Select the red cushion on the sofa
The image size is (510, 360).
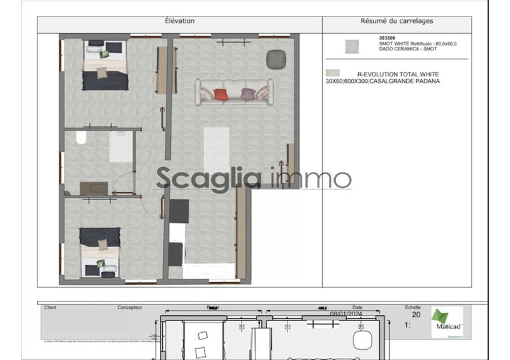(221, 95)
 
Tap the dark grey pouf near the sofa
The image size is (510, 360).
(275, 59)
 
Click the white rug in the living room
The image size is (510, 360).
(216, 153)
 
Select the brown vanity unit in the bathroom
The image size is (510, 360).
(93, 188)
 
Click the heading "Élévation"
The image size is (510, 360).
(180, 21)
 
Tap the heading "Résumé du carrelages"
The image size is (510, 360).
(397, 21)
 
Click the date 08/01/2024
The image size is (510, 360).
(346, 313)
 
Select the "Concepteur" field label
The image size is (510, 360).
(130, 307)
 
